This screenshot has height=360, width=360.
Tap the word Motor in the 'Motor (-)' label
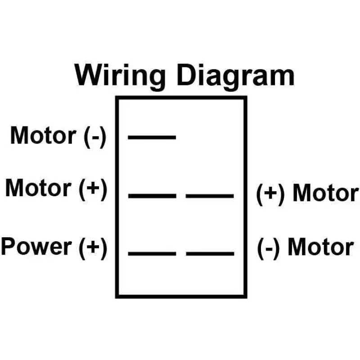click(43, 135)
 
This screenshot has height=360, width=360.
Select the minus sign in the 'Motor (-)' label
click(95, 138)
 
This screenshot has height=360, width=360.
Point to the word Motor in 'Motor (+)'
click(38, 188)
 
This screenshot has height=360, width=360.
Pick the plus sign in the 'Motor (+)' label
click(93, 188)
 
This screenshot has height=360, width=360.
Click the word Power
click(36, 246)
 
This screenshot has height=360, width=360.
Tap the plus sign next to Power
click(93, 247)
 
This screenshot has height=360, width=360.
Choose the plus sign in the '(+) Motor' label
click(270, 193)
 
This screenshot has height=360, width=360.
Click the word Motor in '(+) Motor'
click(325, 193)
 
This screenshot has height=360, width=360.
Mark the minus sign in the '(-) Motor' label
click(269, 249)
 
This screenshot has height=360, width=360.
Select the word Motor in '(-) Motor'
click(321, 247)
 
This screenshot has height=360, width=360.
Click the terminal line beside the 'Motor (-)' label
click(152, 138)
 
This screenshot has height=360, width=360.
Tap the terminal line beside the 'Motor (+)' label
click(152, 196)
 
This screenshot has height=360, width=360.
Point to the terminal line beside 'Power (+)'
click(152, 254)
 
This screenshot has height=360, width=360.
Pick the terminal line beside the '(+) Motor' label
click(210, 196)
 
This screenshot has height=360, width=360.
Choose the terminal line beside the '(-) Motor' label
click(210, 254)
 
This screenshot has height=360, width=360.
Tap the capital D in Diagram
click(187, 75)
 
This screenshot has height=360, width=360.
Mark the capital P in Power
click(9, 246)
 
